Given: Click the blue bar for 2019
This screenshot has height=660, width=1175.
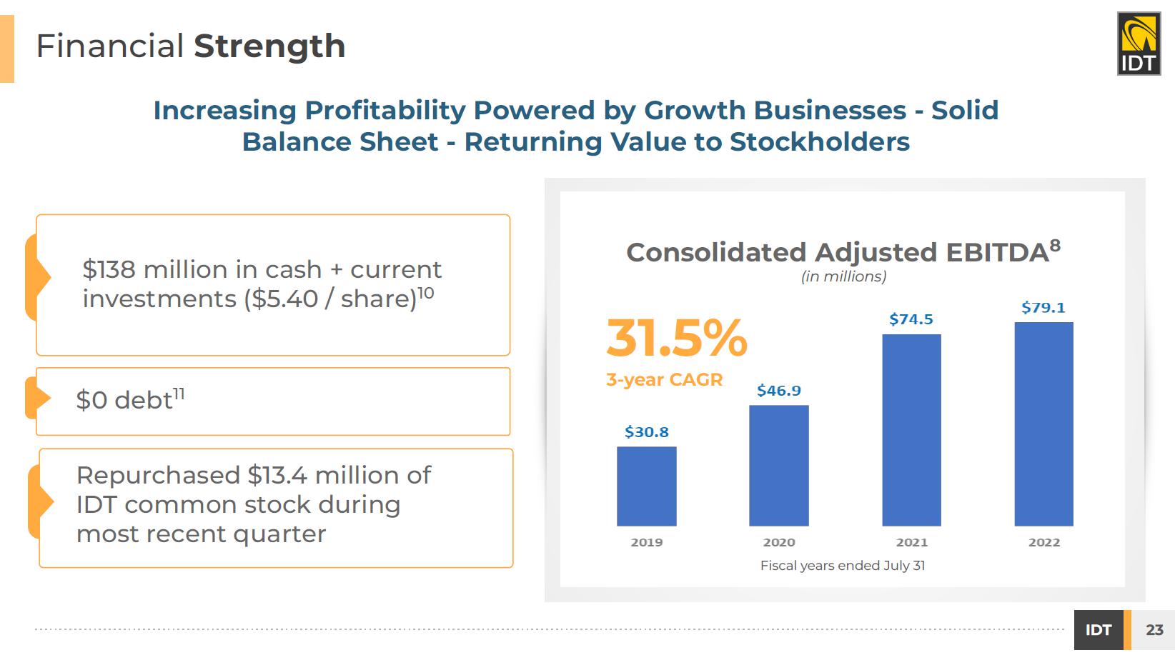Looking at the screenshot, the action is coord(646,486).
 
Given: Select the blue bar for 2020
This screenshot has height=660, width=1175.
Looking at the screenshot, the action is coord(779,466).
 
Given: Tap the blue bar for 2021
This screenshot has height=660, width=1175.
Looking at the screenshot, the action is coord(912,430).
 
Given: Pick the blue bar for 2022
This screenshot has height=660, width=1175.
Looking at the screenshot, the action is coord(1044,424).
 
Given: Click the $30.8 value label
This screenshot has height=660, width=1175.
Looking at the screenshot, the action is coord(646,432).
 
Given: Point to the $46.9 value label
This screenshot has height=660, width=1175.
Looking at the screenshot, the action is coord(779,391).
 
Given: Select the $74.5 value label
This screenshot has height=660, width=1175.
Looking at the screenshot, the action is coord(911,319).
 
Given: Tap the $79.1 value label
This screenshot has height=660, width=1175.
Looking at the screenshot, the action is coord(1043,308).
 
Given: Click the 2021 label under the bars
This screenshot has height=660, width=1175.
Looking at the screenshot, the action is coord(912,543).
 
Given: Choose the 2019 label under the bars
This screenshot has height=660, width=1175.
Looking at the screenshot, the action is coord(647,543).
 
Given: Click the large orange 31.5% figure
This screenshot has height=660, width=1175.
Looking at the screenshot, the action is coord(677,338).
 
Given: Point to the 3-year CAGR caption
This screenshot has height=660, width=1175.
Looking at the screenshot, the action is coord(665,379).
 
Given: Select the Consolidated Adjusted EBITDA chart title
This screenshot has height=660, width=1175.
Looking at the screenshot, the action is coord(843,251).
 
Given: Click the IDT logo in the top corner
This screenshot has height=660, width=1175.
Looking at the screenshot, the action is coord(1139,44).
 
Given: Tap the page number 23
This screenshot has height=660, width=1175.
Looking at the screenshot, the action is coord(1154,629).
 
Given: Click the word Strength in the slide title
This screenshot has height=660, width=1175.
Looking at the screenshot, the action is coord(269,47).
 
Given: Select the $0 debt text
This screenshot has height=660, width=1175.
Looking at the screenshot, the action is coord(130,399).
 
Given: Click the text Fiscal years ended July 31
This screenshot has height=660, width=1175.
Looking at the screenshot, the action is coord(843,566).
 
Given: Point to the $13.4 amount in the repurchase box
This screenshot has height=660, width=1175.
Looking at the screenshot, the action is coord(277,476).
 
